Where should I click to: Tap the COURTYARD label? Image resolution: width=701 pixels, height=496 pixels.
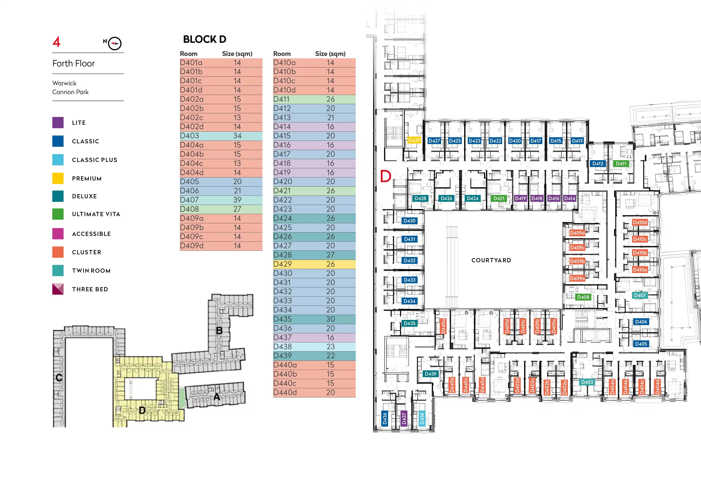pos(491,260)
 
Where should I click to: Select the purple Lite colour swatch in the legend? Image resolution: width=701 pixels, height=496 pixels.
pos(58,123)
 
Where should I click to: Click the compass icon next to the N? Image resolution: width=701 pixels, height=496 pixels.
pos(115,43)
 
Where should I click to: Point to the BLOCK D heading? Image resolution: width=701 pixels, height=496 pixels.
pos(205,39)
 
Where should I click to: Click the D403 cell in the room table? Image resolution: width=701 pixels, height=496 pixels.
pos(190,136)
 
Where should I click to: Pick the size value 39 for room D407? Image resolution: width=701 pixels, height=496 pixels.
pos(237,200)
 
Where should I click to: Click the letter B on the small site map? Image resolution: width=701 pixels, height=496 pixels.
pos(219,330)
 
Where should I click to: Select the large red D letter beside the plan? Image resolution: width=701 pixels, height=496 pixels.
pos(386,176)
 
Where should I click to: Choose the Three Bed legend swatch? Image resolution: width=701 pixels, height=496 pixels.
pos(58,289)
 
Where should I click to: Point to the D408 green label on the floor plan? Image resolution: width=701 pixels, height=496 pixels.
pos(583,297)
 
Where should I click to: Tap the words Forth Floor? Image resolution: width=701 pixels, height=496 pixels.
pos(74,64)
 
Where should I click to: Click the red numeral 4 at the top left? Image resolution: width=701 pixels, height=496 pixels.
pos(57,42)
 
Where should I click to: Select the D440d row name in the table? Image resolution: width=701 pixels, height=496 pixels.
pos(285,392)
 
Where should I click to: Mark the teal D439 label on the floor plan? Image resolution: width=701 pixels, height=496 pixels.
pos(430,374)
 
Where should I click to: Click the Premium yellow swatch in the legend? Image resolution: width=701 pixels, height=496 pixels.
pos(58,178)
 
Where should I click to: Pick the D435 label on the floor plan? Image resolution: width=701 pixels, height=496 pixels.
pos(409,323)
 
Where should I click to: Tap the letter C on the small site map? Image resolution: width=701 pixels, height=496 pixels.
pos(59,377)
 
